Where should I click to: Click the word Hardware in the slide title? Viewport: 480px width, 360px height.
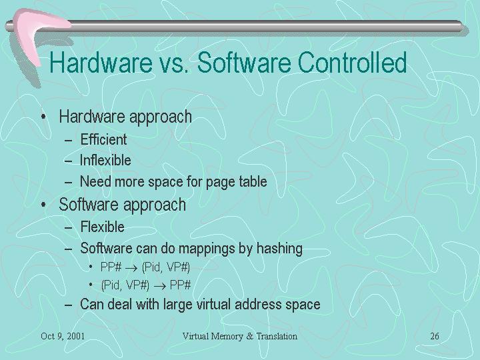tap(101, 62)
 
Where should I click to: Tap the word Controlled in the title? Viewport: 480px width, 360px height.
tap(352, 62)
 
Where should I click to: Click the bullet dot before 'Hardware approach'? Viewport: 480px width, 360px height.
tap(44, 117)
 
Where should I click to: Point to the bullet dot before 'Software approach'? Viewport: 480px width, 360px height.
tap(44, 204)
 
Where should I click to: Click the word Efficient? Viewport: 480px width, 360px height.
tap(103, 139)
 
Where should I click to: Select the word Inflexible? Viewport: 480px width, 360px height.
tap(105, 161)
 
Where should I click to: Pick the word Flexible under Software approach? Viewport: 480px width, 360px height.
tap(102, 227)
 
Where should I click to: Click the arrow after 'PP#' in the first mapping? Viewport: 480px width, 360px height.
tap(131, 269)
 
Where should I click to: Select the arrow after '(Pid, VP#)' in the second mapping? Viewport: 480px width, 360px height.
tap(160, 287)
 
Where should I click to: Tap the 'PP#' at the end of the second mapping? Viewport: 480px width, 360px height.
tap(180, 285)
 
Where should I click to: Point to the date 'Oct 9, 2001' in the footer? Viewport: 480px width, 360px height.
tap(63, 337)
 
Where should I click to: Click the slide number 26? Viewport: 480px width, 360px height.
tap(435, 336)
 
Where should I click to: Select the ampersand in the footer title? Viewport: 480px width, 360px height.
tap(249, 336)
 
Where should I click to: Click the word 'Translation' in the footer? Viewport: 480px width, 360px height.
tap(277, 336)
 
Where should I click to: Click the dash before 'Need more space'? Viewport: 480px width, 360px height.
tap(69, 183)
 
